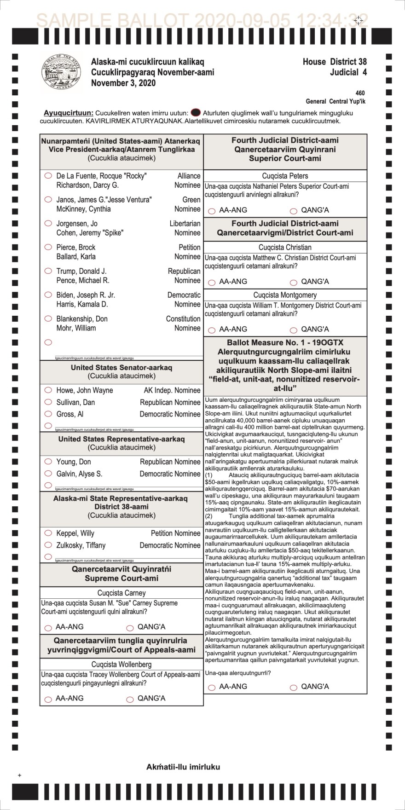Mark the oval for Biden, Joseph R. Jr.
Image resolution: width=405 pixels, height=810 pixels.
point(48,295)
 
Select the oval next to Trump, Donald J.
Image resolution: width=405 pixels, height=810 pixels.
point(48,271)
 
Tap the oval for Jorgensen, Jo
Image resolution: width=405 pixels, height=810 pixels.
point(48,223)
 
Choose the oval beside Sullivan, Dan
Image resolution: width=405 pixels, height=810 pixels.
point(48,402)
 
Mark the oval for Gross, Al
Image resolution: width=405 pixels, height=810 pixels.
point(48,414)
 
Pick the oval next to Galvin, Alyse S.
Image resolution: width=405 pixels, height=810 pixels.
point(48,473)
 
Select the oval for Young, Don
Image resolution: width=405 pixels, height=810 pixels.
point(48,461)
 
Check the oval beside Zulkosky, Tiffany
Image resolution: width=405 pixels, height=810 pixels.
point(48,545)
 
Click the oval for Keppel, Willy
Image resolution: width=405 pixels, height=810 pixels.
point(48,533)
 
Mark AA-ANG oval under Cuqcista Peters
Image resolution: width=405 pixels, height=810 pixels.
point(212,211)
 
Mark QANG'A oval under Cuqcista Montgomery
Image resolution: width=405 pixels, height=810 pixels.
point(294,330)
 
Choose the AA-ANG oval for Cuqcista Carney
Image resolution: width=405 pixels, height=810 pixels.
point(48,628)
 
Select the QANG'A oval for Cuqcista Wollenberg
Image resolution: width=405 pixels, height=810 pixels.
point(130,699)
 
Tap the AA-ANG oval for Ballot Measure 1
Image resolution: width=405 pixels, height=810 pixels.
point(212,688)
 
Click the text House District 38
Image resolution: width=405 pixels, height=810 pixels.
point(335,62)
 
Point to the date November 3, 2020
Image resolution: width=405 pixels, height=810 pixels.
point(123,83)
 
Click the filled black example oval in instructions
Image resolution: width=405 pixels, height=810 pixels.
point(196,112)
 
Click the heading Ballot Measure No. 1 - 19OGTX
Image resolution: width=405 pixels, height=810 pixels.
point(285,343)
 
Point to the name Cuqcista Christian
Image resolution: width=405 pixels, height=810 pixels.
point(285,248)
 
